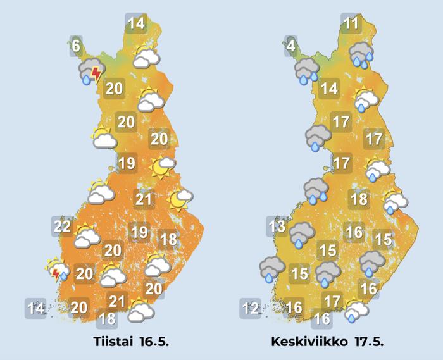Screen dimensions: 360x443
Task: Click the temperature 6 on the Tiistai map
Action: pos(76,46)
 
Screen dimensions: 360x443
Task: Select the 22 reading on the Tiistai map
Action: pos(62,226)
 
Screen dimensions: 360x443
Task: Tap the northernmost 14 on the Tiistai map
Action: pos(135,24)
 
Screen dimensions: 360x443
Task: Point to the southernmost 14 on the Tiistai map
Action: pos(36,309)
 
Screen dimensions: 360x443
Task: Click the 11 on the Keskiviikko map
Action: pos(351,24)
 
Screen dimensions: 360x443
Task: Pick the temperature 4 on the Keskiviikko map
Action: pos(291,46)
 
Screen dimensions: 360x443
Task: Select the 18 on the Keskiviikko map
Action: pos(359,200)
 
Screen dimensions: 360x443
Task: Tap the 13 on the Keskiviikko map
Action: pos(277,226)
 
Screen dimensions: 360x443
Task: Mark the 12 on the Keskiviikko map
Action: pos(251,309)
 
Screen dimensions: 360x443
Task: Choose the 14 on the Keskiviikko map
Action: pos(328,88)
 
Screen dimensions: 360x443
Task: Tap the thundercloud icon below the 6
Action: pos(90,72)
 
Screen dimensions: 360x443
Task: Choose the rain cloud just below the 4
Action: pos(306,71)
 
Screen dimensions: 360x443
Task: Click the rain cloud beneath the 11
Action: pos(361,54)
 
